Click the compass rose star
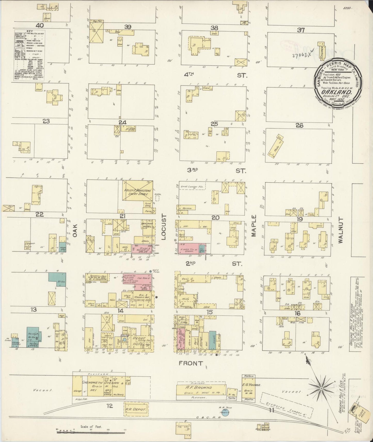point(321,388)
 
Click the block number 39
point(128,27)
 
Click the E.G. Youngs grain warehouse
point(248,388)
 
